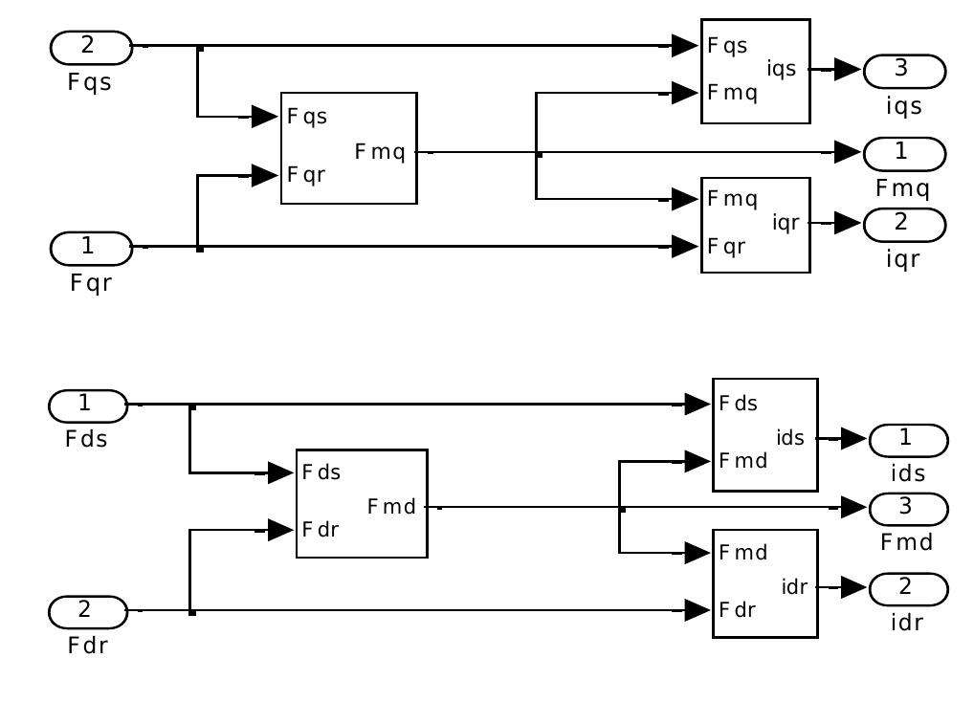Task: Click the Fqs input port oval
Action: click(x=91, y=46)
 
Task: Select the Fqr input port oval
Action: click(x=91, y=247)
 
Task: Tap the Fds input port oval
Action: click(x=88, y=406)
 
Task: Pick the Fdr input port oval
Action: click(x=88, y=610)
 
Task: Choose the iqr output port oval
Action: click(x=904, y=224)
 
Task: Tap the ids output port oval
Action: click(x=908, y=440)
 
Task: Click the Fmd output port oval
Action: click(x=908, y=508)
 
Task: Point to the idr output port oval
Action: click(x=908, y=587)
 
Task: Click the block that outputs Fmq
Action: click(x=348, y=148)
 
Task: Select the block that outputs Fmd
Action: click(x=361, y=503)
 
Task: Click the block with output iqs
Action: click(x=755, y=71)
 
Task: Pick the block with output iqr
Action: click(x=755, y=225)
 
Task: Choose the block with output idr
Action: click(x=764, y=583)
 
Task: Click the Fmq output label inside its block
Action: click(x=380, y=152)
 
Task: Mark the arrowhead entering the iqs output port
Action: click(x=848, y=70)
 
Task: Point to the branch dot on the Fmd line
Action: click(x=622, y=509)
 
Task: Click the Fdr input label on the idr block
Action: click(x=739, y=609)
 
